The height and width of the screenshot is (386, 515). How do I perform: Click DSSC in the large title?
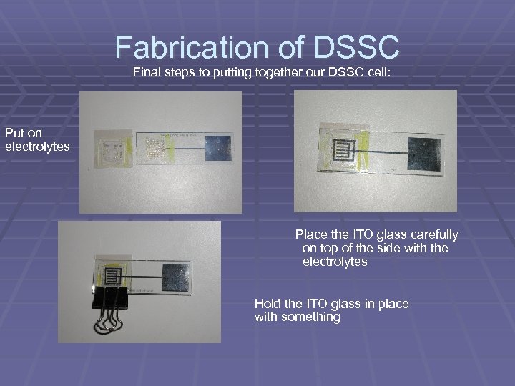[356, 48]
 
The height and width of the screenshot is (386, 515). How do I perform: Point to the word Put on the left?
[14, 132]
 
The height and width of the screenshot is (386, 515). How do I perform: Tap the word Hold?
[268, 304]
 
